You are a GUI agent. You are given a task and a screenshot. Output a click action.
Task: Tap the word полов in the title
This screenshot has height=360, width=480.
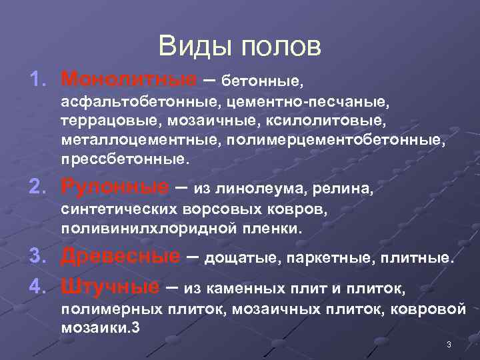(279, 46)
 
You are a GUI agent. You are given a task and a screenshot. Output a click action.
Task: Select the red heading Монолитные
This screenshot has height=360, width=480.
(128, 80)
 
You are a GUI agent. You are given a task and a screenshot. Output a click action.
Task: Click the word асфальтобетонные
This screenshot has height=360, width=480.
(141, 103)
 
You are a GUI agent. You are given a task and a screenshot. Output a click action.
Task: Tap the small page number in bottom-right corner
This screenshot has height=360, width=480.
(449, 344)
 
